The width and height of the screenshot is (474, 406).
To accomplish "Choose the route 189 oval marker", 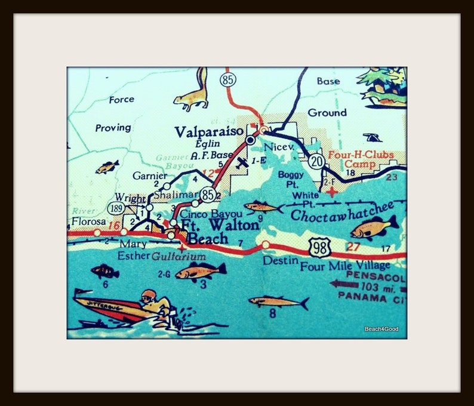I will point(116,207).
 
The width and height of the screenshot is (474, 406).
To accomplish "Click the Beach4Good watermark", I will point(381,329).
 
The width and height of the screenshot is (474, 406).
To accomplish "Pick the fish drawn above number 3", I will point(201,271).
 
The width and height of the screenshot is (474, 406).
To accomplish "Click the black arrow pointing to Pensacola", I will point(340,284).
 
